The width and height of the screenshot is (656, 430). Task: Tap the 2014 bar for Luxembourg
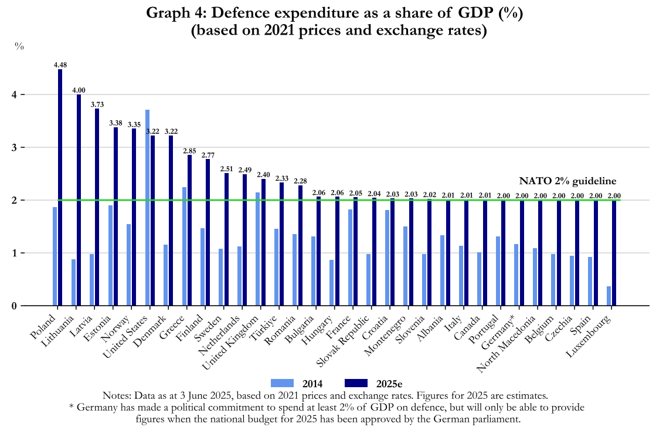pos(609,296)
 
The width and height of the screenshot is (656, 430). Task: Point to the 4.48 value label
pos(60,65)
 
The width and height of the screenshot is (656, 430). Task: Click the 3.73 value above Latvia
pos(97,104)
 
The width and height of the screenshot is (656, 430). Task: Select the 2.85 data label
pos(189,151)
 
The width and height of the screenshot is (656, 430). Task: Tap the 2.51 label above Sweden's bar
pos(226,169)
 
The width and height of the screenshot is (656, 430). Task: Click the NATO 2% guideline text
pos(568,181)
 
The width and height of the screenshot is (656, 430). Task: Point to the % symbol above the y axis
pos(19,47)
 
